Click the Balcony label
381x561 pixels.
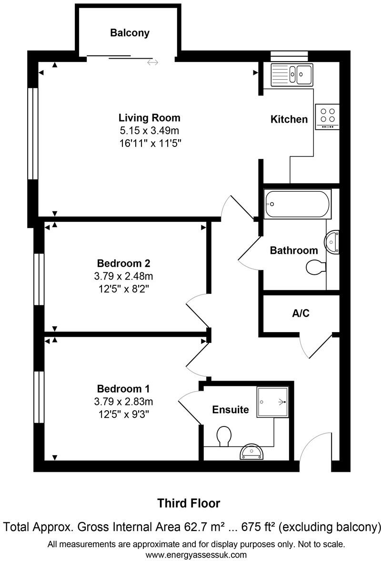click(130, 33)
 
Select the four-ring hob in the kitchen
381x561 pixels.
click(327, 116)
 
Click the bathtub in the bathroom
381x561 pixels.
click(297, 204)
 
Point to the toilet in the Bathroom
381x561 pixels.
click(315, 267)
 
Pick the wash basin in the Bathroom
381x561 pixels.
click(332, 242)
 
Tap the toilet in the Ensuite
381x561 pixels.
click(223, 436)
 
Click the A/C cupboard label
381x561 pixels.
click(301, 313)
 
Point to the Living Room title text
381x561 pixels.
click(150, 118)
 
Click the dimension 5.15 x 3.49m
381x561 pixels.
click(150, 130)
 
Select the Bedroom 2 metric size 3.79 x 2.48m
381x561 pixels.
click(124, 276)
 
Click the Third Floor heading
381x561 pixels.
click(189, 503)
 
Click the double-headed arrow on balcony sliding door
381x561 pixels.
click(152, 62)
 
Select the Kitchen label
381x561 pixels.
click(289, 119)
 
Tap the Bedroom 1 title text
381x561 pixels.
click(124, 388)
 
